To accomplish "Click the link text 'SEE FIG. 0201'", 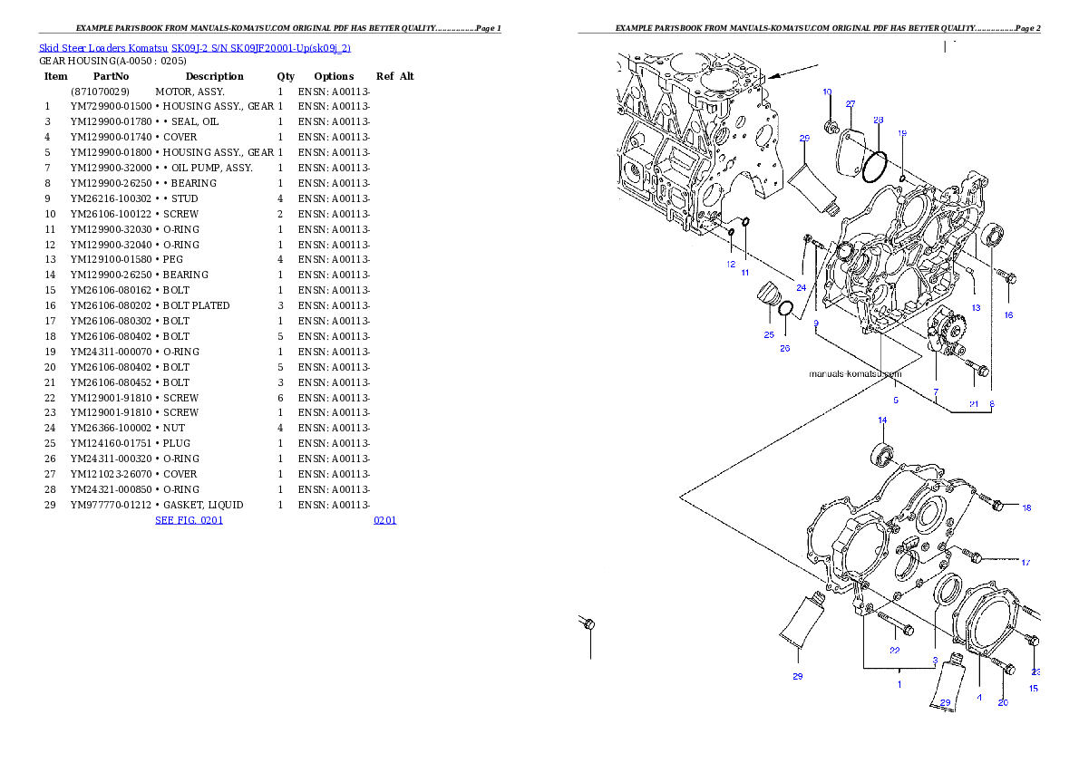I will click(x=189, y=520).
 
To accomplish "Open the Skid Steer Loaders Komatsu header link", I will click(x=194, y=47).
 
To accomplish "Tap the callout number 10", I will click(x=827, y=92).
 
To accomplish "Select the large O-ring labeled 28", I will click(x=874, y=166).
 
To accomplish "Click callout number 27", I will click(x=851, y=104).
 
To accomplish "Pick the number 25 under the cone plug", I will click(x=769, y=334).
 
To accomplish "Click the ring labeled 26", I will click(x=786, y=311).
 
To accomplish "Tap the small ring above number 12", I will click(x=730, y=233).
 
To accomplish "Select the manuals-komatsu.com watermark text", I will click(x=855, y=373).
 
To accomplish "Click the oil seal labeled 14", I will click(x=881, y=453).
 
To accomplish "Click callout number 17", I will click(x=1026, y=563).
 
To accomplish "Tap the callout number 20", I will click(x=1003, y=702).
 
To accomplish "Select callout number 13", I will click(x=976, y=308).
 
